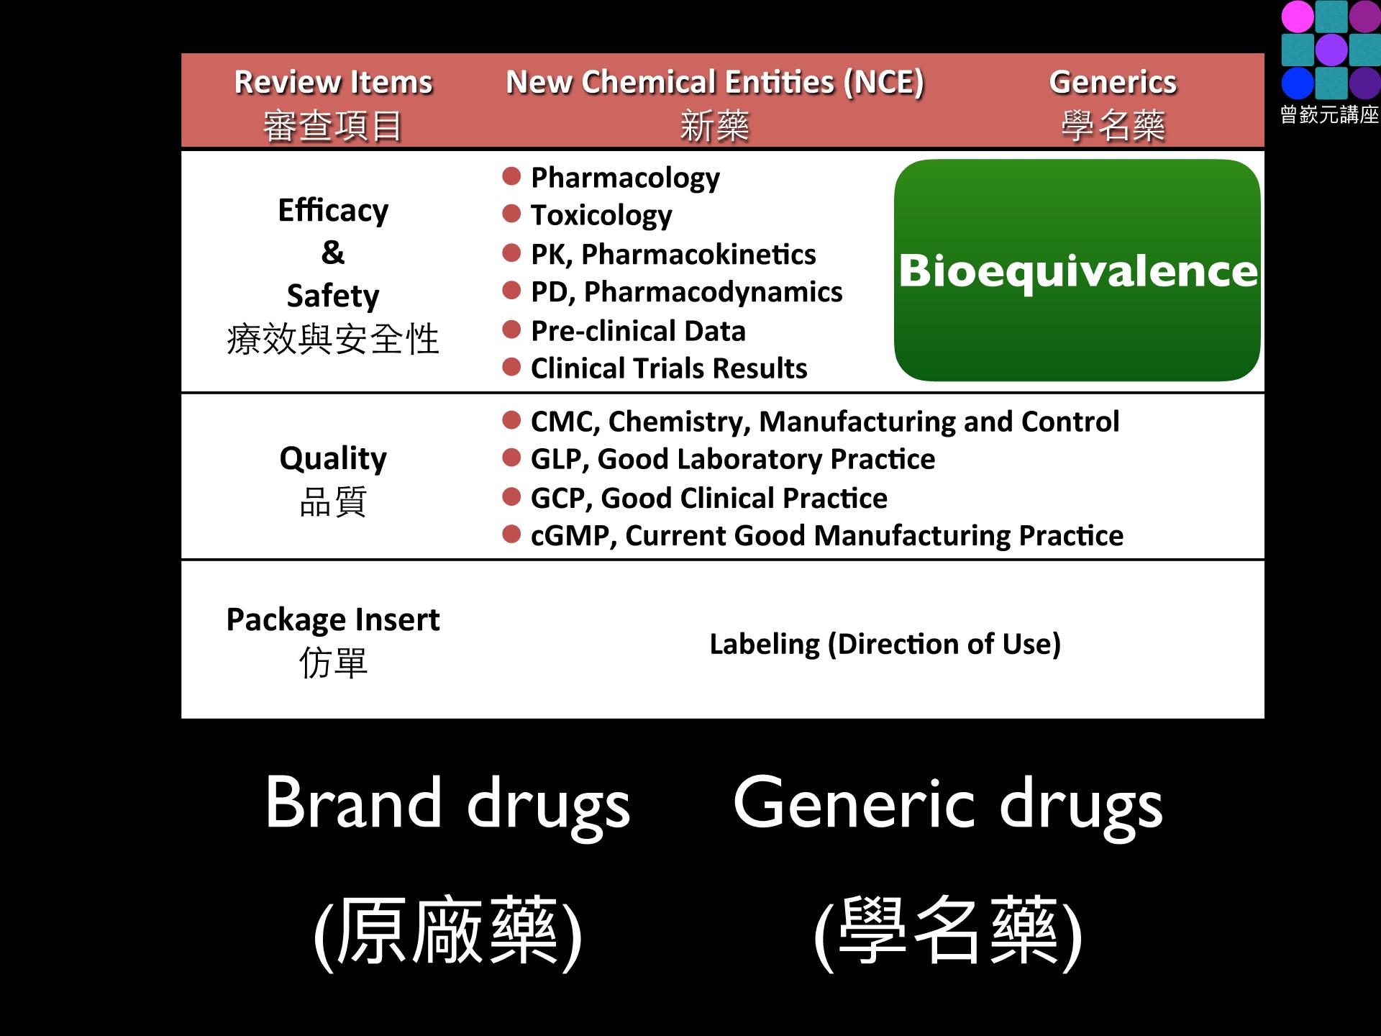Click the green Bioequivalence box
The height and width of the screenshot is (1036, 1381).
click(1077, 271)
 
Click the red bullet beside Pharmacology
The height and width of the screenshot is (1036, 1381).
click(511, 176)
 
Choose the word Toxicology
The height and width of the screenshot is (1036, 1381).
click(601, 215)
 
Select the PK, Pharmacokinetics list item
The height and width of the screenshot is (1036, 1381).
click(673, 254)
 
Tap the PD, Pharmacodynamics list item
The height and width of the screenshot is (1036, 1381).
click(686, 292)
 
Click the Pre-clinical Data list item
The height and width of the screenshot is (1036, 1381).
click(638, 331)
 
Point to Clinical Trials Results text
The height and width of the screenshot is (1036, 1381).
click(669, 368)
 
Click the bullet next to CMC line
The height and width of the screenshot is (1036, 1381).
click(511, 420)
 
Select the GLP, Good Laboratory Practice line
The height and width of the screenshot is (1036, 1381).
click(733, 459)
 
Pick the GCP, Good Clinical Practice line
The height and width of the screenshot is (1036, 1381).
click(709, 498)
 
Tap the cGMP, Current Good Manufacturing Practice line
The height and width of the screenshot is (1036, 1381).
click(827, 536)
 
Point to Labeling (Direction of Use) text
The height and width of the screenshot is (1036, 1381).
click(885, 644)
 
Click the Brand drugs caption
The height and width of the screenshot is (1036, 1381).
click(447, 804)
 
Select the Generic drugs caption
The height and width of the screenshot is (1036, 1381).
click(948, 804)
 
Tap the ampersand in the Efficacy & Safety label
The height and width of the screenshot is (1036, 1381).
click(333, 253)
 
